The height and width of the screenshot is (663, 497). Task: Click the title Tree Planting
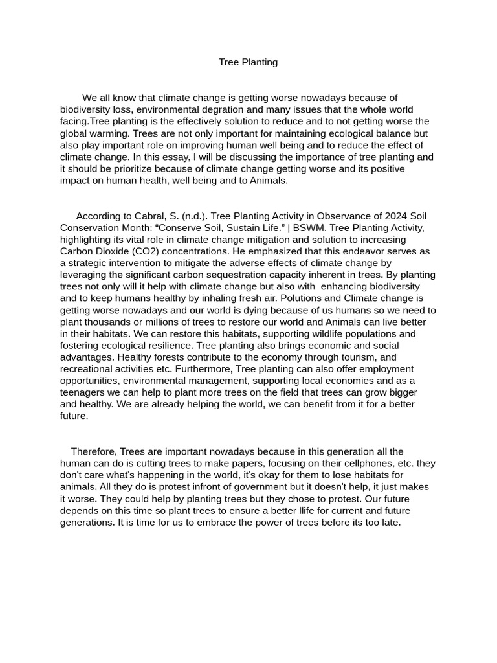click(248, 62)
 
